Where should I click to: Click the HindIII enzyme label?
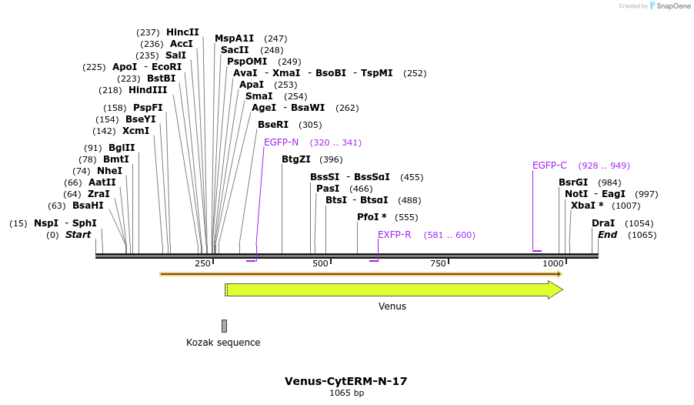[148, 90]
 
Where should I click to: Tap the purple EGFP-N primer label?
[281, 142]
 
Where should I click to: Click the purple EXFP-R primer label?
[394, 235]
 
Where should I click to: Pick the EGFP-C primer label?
[549, 166]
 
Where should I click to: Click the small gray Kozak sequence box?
[224, 326]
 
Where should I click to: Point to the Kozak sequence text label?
[223, 343]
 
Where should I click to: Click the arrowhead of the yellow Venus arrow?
[556, 290]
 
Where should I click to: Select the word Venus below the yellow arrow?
[392, 306]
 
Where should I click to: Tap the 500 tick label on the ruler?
[320, 264]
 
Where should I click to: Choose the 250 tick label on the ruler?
[202, 264]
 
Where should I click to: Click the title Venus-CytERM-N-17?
[346, 381]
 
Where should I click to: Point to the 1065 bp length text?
[346, 393]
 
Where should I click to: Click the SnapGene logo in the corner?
[668, 6]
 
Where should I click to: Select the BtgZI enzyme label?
[296, 159]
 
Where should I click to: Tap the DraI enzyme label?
[603, 223]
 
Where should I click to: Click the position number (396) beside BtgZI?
[331, 160]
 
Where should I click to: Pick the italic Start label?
[78, 235]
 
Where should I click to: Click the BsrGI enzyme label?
[573, 182]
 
